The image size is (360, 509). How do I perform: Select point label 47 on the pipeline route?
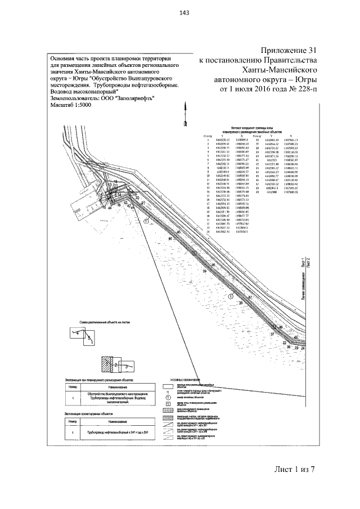[x=250, y=296]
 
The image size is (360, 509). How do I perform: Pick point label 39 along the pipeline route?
[x=204, y=271]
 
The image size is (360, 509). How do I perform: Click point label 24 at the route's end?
[x=303, y=349]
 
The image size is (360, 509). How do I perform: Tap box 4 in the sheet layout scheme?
[x=77, y=333]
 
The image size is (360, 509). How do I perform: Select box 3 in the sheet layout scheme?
[x=128, y=366]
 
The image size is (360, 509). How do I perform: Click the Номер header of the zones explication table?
[x=72, y=388]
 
